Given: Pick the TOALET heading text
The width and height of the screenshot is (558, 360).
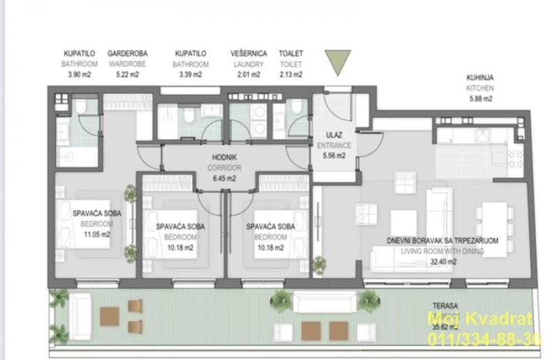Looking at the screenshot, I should (291, 54).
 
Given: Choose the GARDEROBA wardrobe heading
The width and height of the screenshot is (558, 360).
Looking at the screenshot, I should (127, 54).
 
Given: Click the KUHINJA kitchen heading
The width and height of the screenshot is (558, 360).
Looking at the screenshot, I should (480, 78).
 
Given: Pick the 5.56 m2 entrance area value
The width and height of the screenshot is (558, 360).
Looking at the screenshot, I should (334, 156).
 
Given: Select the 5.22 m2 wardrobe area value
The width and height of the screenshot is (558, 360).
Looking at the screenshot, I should (127, 74).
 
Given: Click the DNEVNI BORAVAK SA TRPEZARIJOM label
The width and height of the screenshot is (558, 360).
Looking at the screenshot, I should (442, 241).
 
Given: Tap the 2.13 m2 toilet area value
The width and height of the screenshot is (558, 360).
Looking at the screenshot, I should (291, 74).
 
